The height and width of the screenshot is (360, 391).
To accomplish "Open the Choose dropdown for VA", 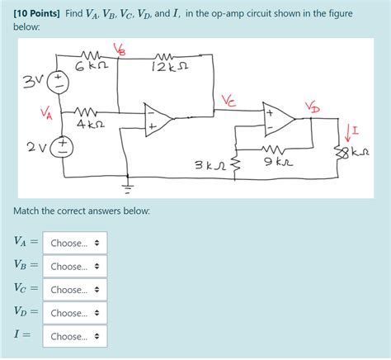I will pos(74,244).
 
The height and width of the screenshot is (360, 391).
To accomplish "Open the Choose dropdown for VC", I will pos(74,290).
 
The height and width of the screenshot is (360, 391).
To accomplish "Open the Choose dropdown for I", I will pos(74,336).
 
